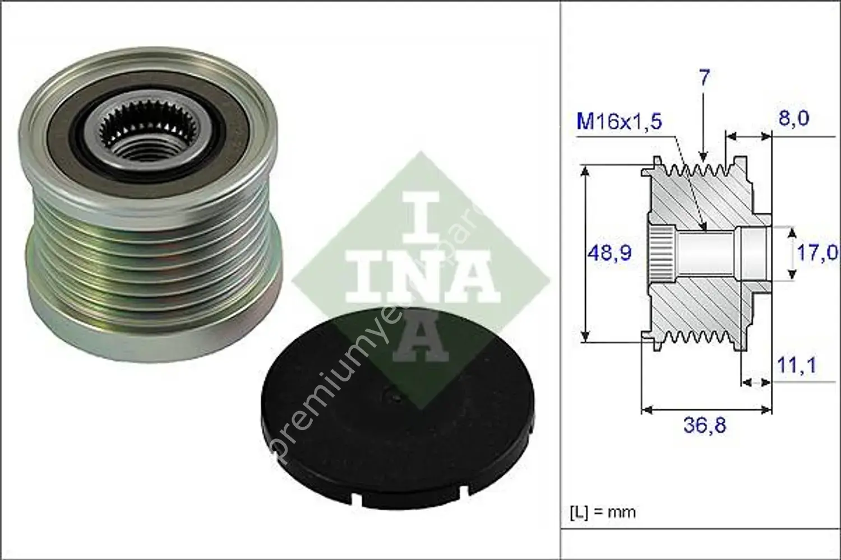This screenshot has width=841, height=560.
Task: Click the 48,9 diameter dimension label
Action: coord(609,253)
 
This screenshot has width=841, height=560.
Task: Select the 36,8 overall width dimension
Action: coord(705,426)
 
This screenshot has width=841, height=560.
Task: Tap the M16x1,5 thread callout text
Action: coord(620,122)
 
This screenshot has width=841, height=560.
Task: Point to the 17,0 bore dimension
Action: coord(817,253)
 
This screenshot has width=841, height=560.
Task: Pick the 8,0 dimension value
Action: coord(792,119)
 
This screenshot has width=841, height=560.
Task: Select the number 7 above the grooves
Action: coord(704,78)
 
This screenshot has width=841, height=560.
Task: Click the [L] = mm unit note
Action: coord(603,512)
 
